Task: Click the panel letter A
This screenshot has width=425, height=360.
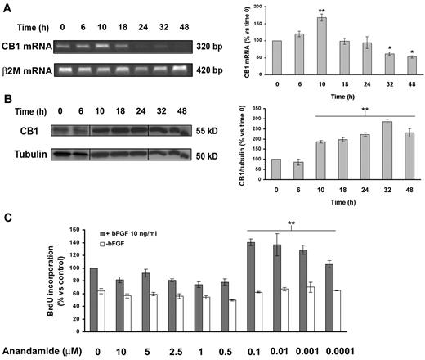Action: pos(7,8)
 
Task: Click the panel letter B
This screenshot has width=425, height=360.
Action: pos(7,108)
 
